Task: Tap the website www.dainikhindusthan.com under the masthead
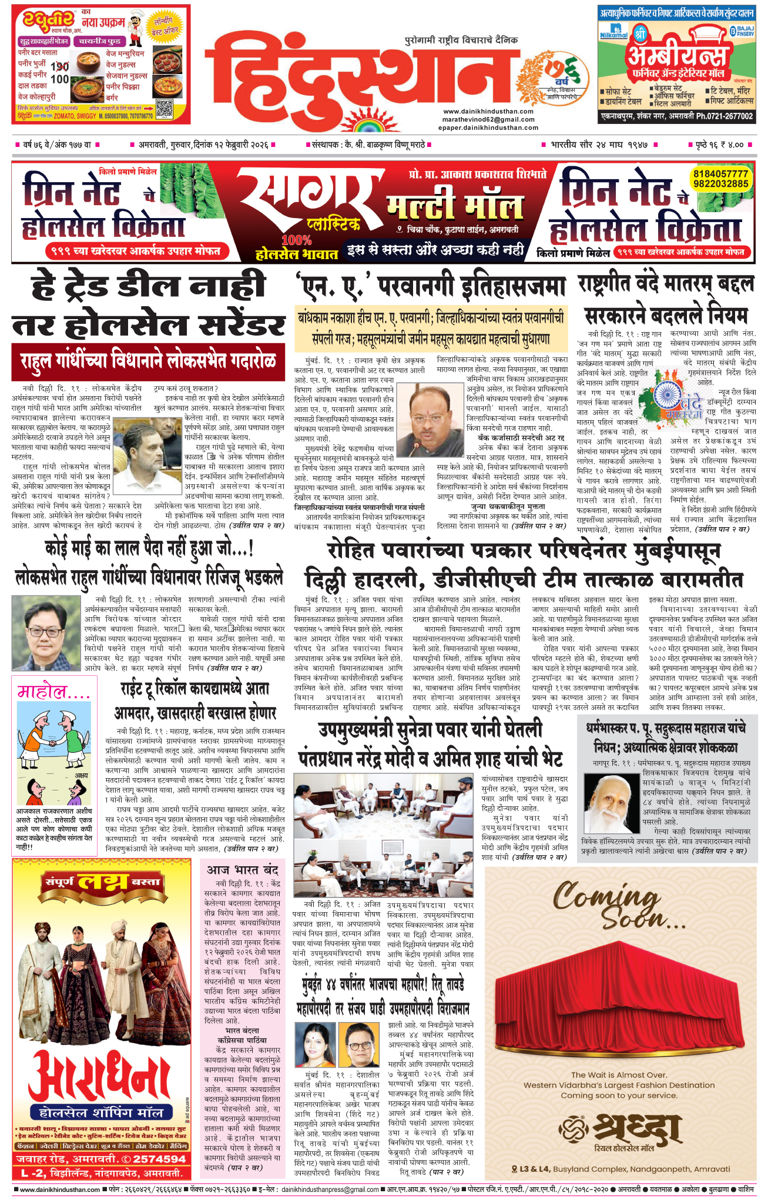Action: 488,111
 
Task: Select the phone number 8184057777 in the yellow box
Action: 721,174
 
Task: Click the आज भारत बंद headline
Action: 242,869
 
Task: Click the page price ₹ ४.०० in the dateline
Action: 731,145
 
